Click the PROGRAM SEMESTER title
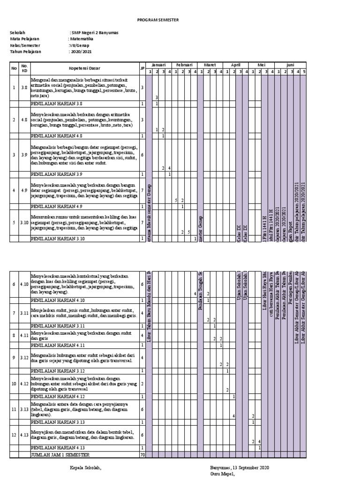[158, 20]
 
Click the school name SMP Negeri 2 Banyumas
[94, 32]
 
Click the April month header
[235, 64]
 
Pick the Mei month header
[261, 64]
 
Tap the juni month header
[290, 64]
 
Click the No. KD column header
[25, 68]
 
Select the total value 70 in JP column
[142, 454]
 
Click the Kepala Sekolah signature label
[85, 468]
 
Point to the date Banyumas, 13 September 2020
[239, 468]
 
